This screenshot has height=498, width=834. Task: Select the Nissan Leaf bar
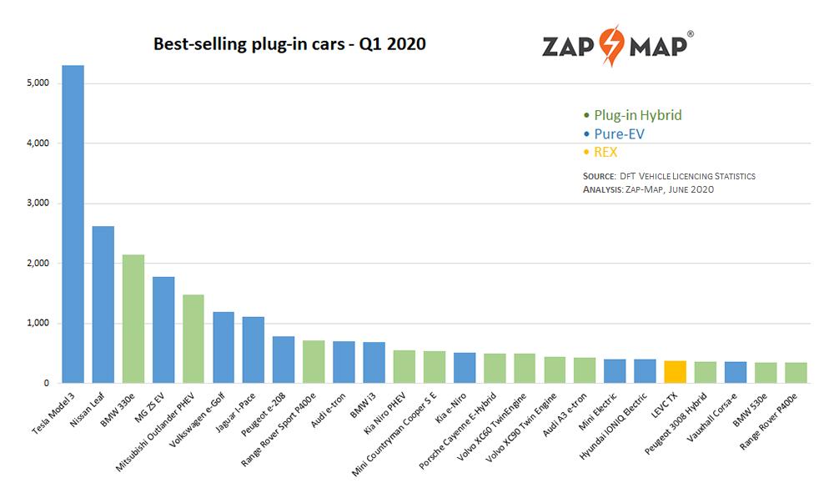point(103,304)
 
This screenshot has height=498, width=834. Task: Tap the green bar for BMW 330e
point(133,319)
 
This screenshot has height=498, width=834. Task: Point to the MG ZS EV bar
point(163,329)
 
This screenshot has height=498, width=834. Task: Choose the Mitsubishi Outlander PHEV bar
point(193,339)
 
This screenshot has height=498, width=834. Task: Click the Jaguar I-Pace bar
point(254,350)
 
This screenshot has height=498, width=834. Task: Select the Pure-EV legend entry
point(619,133)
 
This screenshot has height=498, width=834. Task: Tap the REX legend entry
point(605,152)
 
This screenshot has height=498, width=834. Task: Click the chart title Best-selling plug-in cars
point(289,44)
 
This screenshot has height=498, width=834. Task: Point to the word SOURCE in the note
point(598,177)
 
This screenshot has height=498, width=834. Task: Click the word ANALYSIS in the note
point(601,190)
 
